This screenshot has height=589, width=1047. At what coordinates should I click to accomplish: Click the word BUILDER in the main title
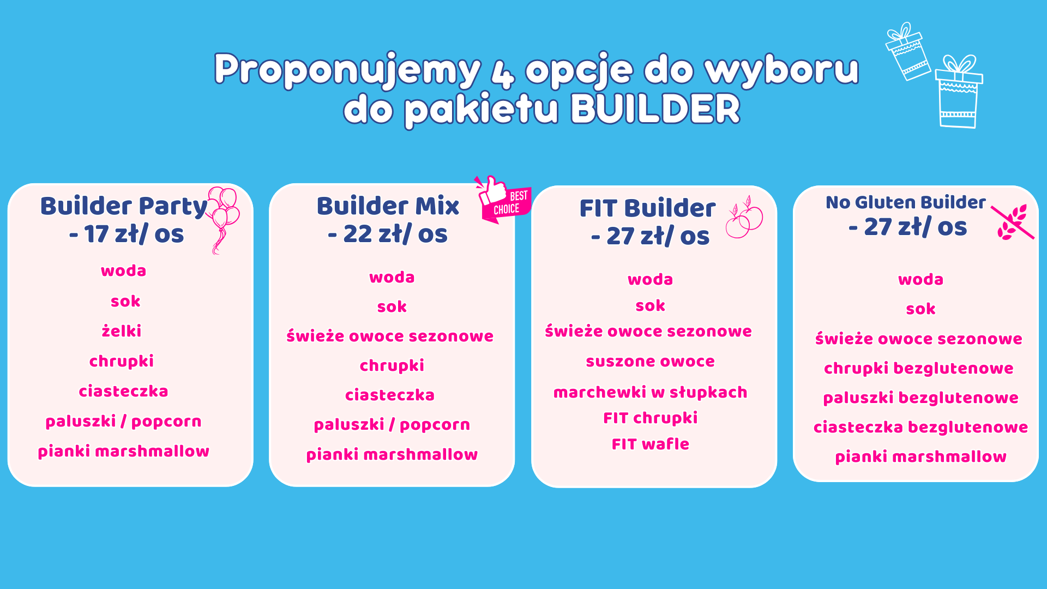tap(655, 109)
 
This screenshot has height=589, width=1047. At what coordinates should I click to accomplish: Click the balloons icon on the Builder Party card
tap(222, 218)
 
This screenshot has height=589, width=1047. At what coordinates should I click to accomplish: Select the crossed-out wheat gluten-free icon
tap(1012, 223)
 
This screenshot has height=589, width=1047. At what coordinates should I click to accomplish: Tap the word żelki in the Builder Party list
tap(122, 331)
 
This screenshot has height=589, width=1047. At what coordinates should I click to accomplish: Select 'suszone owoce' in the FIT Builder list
tap(650, 361)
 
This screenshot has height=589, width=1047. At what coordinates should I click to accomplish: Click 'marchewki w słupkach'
tap(650, 392)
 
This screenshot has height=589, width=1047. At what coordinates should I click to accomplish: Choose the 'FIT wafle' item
tap(650, 444)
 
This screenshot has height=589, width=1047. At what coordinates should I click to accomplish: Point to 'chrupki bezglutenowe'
tap(919, 369)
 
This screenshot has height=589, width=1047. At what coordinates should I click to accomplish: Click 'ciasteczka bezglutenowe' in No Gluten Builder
tap(920, 427)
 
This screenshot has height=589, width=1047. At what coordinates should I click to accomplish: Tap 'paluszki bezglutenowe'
tap(920, 398)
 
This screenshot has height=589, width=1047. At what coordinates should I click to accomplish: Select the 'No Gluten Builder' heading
tap(906, 202)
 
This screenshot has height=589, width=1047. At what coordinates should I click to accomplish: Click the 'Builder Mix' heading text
tap(388, 206)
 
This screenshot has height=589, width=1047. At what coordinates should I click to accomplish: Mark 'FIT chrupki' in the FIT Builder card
tap(650, 418)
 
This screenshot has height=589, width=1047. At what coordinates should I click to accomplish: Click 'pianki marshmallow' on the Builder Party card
tap(124, 452)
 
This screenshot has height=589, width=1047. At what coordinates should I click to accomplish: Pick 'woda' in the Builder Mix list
tap(392, 278)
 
